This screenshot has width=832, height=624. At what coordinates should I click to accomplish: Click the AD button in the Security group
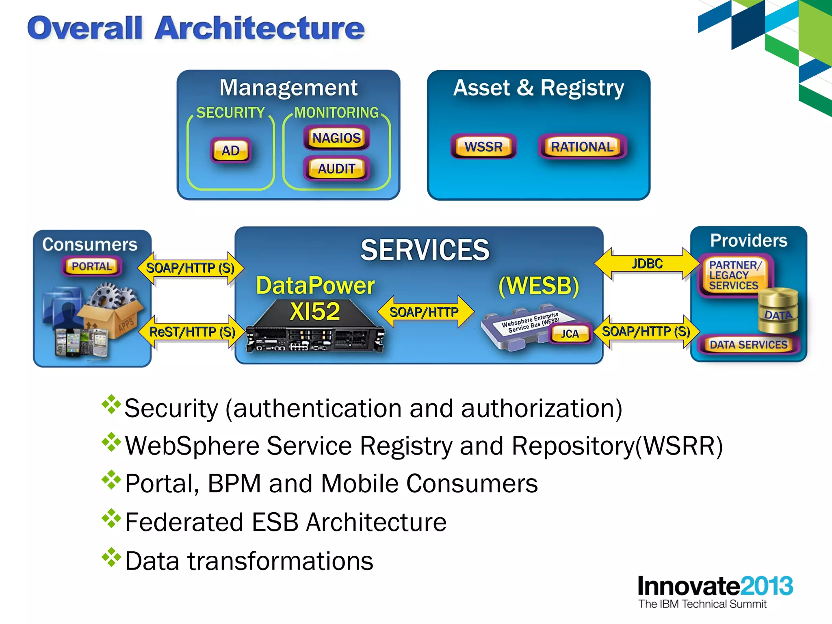[230, 151]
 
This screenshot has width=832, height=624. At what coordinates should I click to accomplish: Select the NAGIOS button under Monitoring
[336, 138]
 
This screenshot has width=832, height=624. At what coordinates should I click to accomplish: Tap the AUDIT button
[336, 169]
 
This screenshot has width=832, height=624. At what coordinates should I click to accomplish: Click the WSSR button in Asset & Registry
[483, 146]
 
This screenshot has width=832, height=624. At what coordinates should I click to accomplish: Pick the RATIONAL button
[582, 147]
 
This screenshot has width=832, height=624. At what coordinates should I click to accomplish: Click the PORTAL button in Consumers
[92, 266]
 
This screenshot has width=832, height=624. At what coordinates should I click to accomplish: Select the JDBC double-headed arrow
[647, 264]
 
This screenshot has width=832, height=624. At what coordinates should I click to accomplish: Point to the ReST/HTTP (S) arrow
[192, 332]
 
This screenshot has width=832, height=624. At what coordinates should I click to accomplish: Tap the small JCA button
[570, 334]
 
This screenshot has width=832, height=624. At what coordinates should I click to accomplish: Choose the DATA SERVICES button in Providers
[748, 345]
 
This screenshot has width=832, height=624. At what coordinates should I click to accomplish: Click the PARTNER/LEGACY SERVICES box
[734, 275]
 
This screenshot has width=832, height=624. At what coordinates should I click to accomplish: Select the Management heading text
[288, 88]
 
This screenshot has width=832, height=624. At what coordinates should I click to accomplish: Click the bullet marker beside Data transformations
[111, 558]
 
